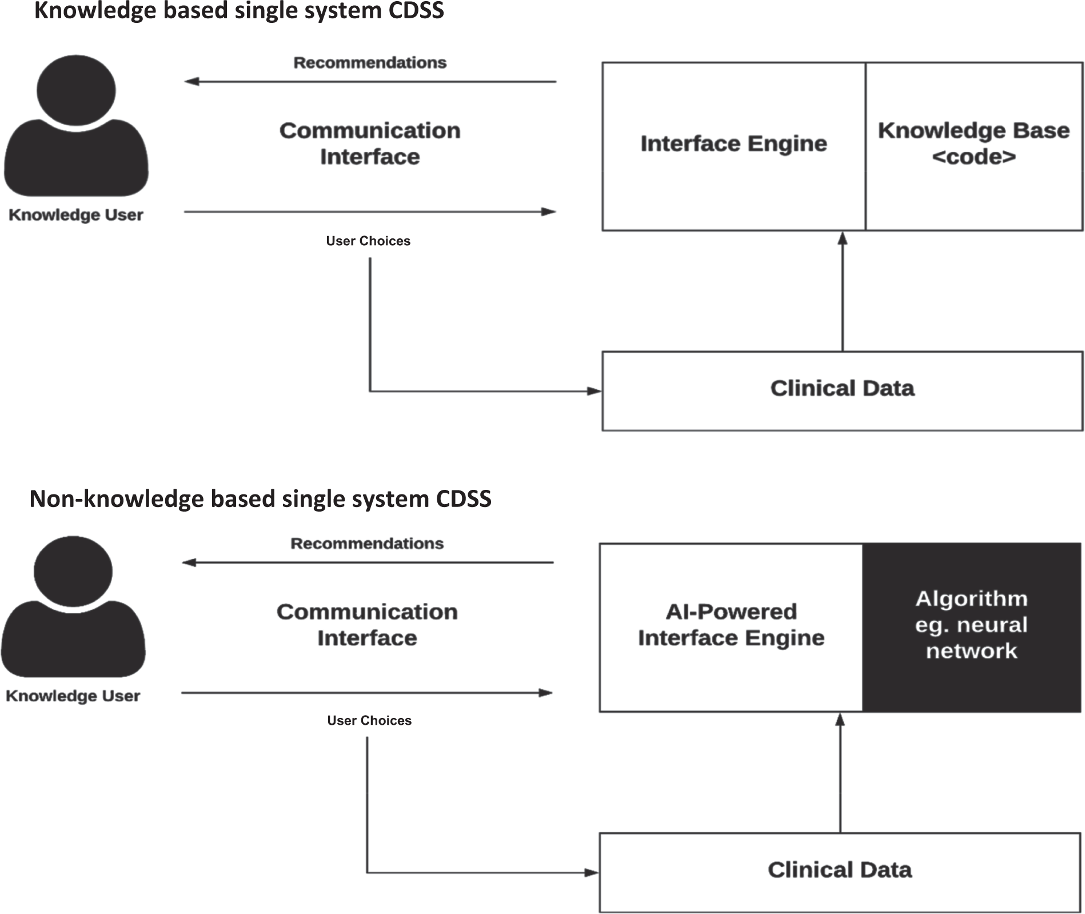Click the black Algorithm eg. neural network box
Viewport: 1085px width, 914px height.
click(x=971, y=626)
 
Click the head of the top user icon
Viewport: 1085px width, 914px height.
click(x=76, y=90)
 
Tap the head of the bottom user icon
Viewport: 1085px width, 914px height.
click(x=73, y=571)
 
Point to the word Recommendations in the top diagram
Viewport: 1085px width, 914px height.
click(x=370, y=62)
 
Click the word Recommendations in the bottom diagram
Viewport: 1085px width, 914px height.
click(x=367, y=544)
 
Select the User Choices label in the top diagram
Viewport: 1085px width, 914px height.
click(x=368, y=241)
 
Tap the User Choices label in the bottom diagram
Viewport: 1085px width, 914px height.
click(x=369, y=721)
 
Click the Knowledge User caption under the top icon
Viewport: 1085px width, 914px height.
click(x=76, y=215)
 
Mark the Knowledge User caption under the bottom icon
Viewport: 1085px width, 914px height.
click(x=73, y=696)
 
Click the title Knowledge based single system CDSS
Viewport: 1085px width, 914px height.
click(x=239, y=11)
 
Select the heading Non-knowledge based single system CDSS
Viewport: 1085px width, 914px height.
click(x=260, y=499)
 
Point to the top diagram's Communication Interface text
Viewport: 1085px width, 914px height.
click(x=370, y=143)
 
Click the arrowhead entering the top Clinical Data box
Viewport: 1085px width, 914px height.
click(x=594, y=391)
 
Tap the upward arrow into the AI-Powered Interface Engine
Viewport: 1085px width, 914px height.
click(x=840, y=772)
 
